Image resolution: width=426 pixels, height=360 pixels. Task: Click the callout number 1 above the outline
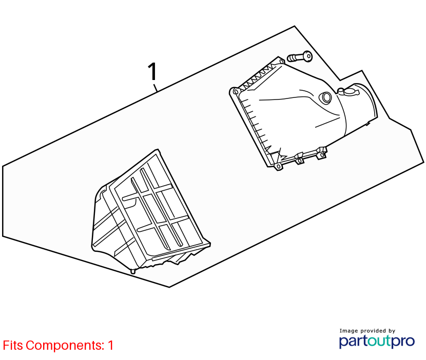[152, 71]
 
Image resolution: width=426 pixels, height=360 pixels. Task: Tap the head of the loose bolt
[307, 56]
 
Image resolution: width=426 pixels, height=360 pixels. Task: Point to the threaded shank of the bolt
[295, 58]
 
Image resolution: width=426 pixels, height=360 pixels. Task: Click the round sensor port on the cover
[325, 97]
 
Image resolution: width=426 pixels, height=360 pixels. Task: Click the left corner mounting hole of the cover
[235, 91]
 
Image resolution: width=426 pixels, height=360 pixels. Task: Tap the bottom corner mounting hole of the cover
[278, 167]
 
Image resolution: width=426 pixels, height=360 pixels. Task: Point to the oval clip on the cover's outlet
[348, 92]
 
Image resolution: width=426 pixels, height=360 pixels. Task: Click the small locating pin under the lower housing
[133, 271]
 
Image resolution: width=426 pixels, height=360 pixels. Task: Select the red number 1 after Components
[110, 345]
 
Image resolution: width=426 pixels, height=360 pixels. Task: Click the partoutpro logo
[377, 341]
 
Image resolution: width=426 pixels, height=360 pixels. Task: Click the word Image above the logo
[349, 331]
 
